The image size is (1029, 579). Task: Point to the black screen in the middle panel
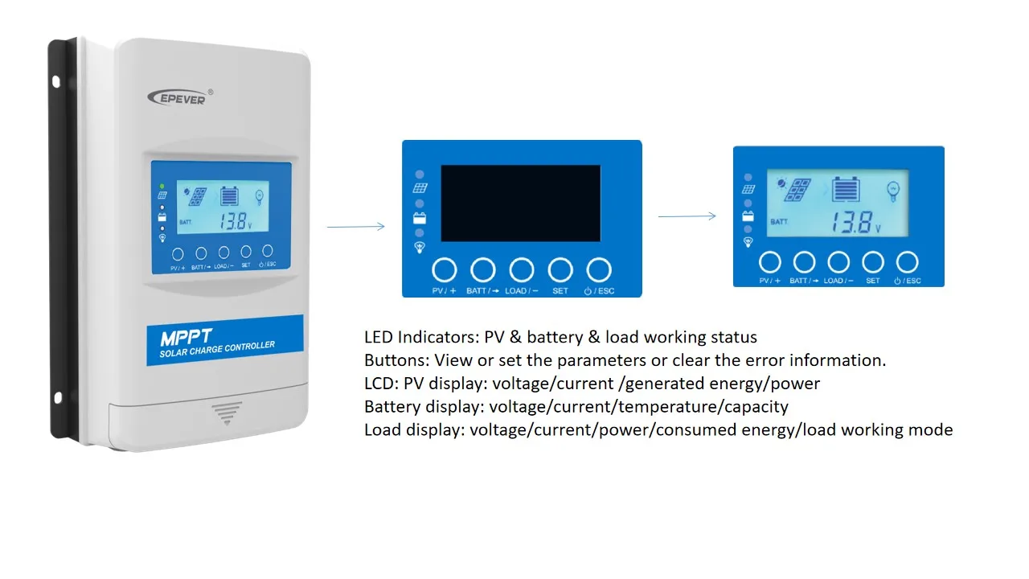pos(520,203)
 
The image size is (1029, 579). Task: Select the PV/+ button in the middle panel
pos(445,270)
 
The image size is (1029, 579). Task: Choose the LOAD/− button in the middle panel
pos(522,270)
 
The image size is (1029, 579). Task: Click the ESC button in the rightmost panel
pos(907,262)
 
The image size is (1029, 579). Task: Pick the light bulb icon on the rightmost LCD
pos(893,190)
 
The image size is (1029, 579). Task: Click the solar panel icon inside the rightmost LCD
pos(797,190)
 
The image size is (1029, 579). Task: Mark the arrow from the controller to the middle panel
pos(355,227)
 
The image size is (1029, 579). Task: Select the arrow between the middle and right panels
pos(687,216)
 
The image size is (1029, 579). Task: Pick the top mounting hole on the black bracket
pos(56,81)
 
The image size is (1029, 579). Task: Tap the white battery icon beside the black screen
pos(420,218)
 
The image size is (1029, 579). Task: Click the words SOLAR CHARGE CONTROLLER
pos(217,350)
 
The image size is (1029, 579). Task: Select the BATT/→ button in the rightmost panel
pos(804,262)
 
